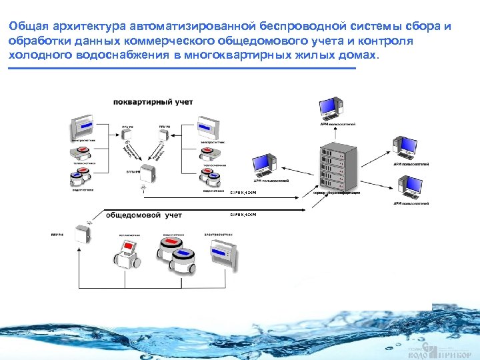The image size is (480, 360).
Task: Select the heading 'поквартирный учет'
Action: coord(143,102)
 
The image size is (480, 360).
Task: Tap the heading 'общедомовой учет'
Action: coord(144,215)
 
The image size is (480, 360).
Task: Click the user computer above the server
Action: coord(331,107)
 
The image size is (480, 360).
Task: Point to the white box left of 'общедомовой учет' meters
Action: coord(83,235)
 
